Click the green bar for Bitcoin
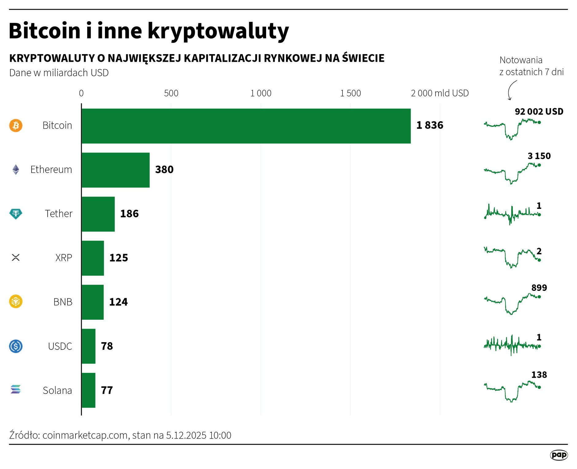pyautogui.click(x=246, y=126)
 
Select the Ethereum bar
pyautogui.click(x=115, y=170)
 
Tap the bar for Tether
pyautogui.click(x=98, y=214)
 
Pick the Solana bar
pyautogui.click(x=88, y=390)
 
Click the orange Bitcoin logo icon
pyautogui.click(x=16, y=126)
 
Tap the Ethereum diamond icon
pyautogui.click(x=16, y=170)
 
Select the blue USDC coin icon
pyautogui.click(x=16, y=346)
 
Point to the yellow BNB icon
pyautogui.click(x=16, y=301)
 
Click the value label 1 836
pyautogui.click(x=430, y=125)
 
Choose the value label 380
pyautogui.click(x=164, y=170)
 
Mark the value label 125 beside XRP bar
pyautogui.click(x=118, y=258)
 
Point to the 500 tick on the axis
pyautogui.click(x=171, y=93)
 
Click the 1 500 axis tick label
pyautogui.click(x=350, y=93)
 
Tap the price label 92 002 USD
pyautogui.click(x=539, y=111)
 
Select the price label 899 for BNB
pyautogui.click(x=539, y=288)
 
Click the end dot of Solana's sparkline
pyautogui.click(x=539, y=387)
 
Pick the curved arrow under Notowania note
pyautogui.click(x=511, y=90)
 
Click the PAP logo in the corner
pyautogui.click(x=559, y=455)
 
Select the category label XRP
pyautogui.click(x=64, y=258)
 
